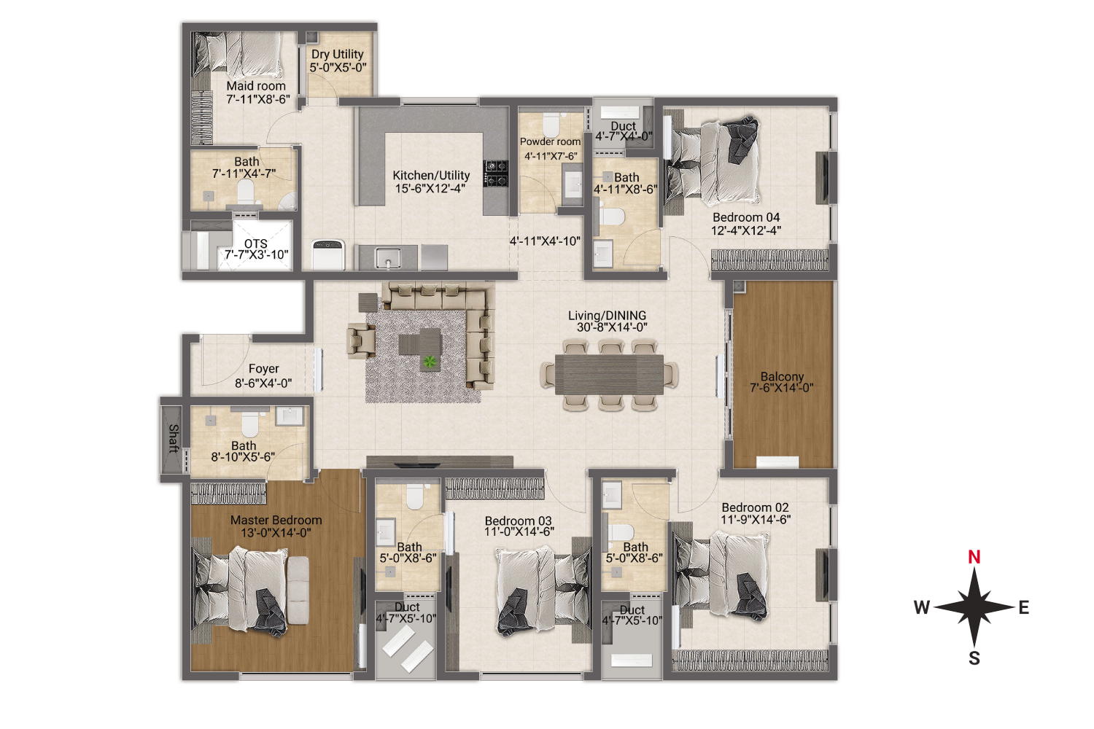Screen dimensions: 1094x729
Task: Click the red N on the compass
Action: point(974,557)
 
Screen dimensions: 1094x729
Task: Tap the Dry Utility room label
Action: point(338,54)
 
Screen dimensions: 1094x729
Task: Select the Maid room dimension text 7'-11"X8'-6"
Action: point(258,99)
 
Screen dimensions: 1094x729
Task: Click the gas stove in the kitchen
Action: point(495,174)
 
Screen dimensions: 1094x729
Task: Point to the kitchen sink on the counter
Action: point(388,257)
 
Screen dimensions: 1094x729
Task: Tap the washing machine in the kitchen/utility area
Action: point(328,254)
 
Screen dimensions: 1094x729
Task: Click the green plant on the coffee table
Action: point(430,362)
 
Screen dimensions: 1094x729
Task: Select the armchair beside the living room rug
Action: point(361,341)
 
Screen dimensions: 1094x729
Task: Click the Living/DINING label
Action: point(607,316)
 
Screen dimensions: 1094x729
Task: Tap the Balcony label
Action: point(782,376)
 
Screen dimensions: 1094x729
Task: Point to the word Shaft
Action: point(174,438)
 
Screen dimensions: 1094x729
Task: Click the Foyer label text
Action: point(264,369)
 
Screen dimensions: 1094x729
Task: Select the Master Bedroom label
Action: point(276,520)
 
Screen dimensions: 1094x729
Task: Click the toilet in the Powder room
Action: point(551,125)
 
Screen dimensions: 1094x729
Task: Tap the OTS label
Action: point(255,243)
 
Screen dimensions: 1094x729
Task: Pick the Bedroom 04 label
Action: point(746,217)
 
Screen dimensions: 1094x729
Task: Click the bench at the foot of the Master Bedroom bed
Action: point(298,590)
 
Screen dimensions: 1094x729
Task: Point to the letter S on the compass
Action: point(974,658)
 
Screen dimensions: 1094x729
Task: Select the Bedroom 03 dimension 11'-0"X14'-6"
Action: point(519,531)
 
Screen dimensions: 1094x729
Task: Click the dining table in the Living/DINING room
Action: point(609,375)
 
